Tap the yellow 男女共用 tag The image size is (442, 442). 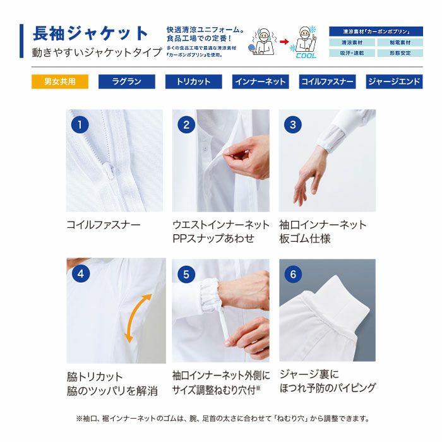point(60,82)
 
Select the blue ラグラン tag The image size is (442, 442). point(126,82)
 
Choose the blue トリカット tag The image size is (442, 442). point(193,82)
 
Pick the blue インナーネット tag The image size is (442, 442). point(260,82)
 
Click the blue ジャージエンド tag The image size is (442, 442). point(394,82)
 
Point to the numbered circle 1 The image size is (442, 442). point(80,124)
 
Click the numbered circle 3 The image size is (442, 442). point(292,124)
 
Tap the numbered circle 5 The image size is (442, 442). point(186,274)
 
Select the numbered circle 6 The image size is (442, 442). point(292,274)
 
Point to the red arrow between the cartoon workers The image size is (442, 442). point(284,45)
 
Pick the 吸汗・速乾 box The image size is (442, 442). point(352,53)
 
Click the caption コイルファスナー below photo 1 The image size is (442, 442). point(104,225)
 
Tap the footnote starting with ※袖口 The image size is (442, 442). point(222,419)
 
